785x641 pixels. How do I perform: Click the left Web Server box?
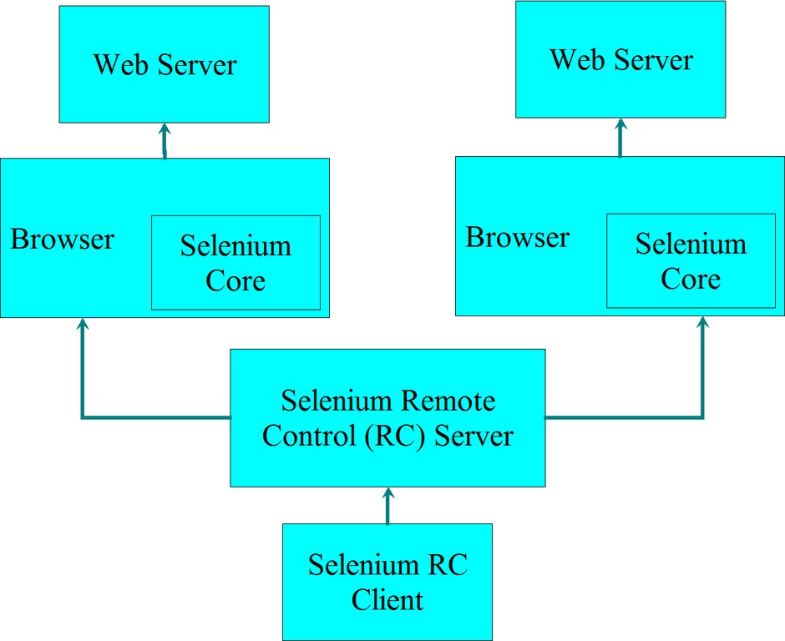coord(164,64)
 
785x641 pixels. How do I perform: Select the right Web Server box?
coord(620,59)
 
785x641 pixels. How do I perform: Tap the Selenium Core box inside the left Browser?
coord(235,263)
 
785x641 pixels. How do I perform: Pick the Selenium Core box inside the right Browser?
coord(691,261)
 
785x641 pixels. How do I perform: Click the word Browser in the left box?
coord(63,240)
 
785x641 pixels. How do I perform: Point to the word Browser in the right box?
coord(518,237)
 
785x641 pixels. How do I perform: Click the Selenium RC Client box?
coord(387,581)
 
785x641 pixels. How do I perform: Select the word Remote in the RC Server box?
coord(448,401)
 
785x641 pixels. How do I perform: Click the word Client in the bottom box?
coord(387,599)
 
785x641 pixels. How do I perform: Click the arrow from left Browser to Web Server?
coord(165,140)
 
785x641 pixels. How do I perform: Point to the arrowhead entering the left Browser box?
coord(82,324)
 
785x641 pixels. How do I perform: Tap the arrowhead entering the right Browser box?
coord(702,322)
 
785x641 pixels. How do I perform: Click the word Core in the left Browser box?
coord(235,280)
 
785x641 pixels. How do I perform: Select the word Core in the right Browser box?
coord(691,279)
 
